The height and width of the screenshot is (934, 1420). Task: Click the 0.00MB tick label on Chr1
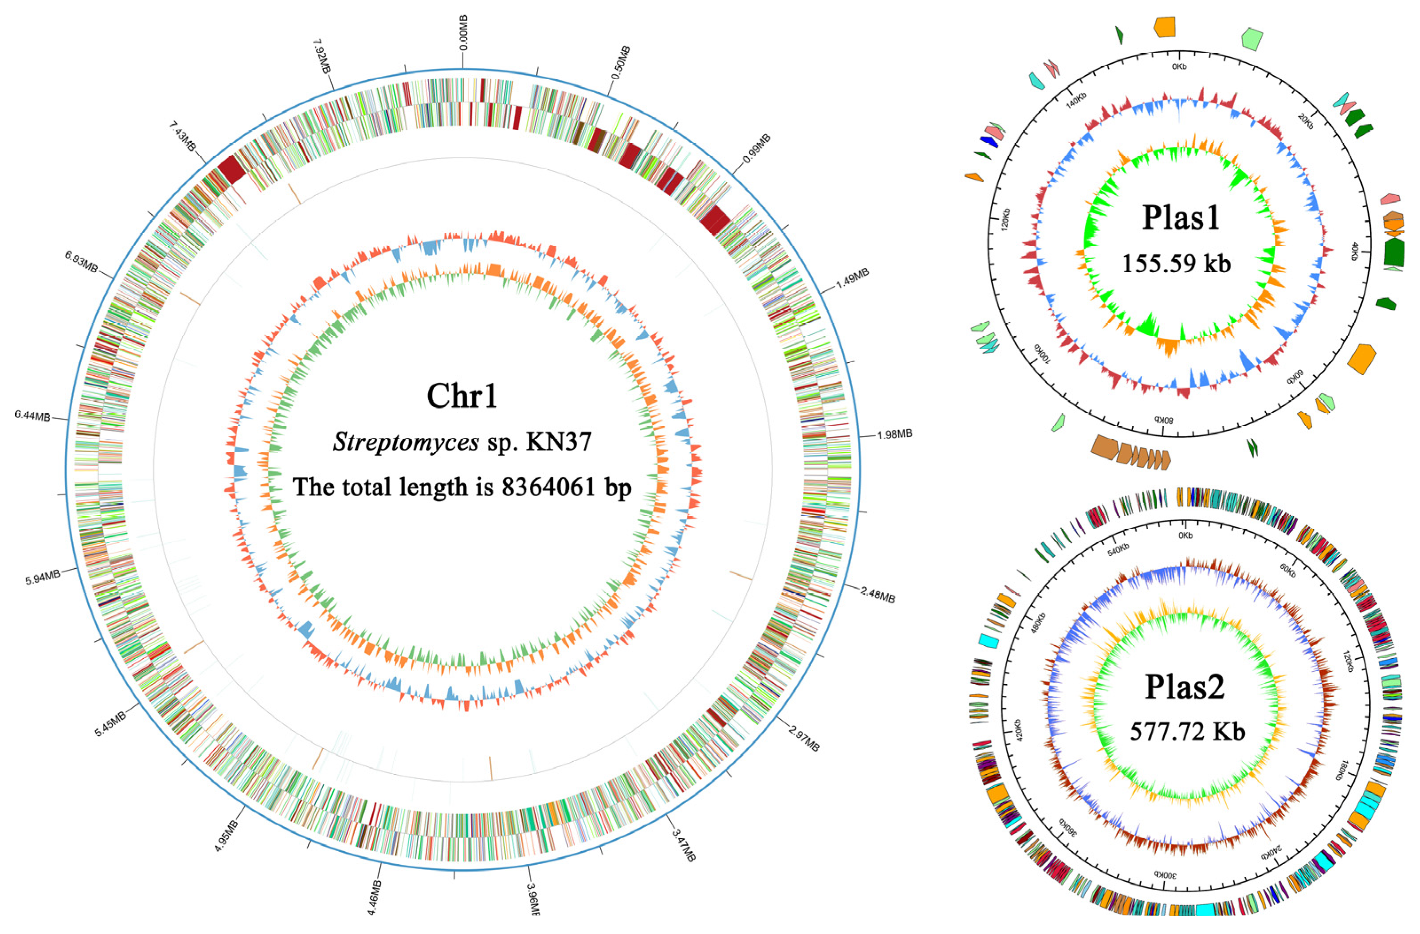click(x=463, y=33)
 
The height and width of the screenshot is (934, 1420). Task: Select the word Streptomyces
click(x=406, y=442)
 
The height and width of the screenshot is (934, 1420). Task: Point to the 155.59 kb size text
click(x=1176, y=263)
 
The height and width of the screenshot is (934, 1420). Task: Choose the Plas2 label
click(x=1184, y=687)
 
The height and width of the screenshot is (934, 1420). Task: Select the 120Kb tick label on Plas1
click(x=1005, y=220)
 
